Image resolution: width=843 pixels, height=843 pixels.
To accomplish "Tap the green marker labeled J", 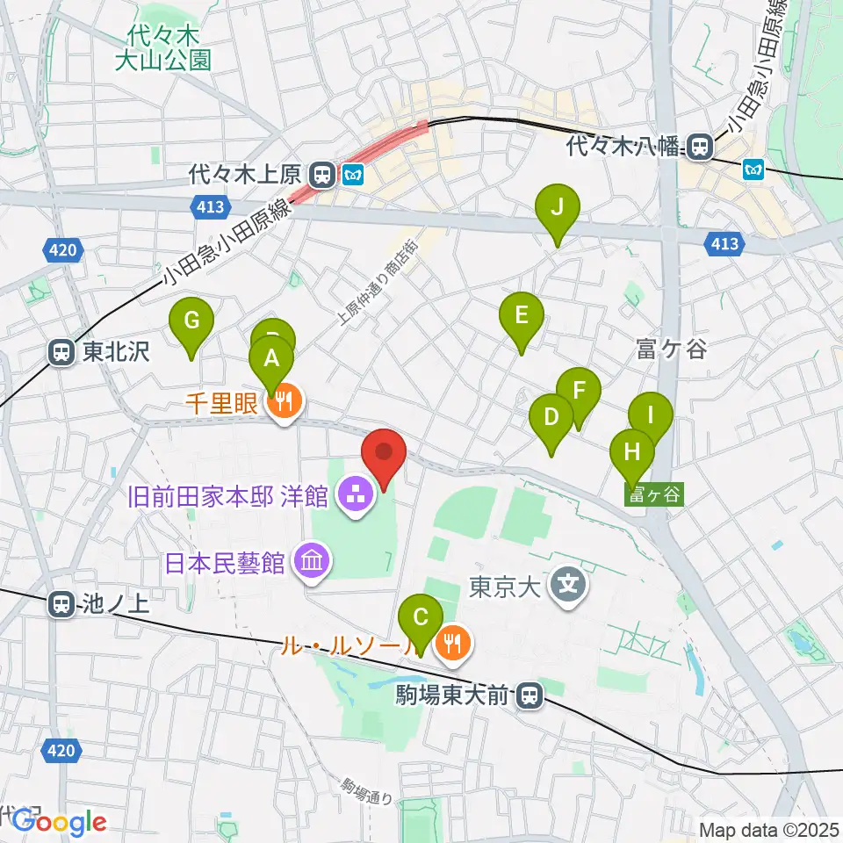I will click(x=558, y=211).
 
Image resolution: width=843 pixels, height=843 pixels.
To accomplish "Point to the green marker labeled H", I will click(x=632, y=455).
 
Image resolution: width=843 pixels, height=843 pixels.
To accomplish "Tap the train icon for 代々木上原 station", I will click(x=322, y=176).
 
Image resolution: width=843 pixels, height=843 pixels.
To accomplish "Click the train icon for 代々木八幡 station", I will click(x=700, y=147).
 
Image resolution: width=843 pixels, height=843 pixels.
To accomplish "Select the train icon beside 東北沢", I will click(x=61, y=353).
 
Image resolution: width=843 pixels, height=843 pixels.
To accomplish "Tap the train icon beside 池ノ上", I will click(x=61, y=604).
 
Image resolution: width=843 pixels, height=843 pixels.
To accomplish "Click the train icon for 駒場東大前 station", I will click(x=529, y=696).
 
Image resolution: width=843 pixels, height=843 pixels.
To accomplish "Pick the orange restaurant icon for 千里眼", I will click(x=283, y=403).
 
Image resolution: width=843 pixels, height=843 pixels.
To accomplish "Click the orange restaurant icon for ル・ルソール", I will click(x=452, y=645).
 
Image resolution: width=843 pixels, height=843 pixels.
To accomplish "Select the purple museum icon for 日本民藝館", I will click(x=312, y=560).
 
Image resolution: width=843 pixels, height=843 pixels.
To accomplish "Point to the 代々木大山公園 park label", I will click(x=164, y=48).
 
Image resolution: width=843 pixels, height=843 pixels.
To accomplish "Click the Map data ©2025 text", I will click(x=768, y=828).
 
